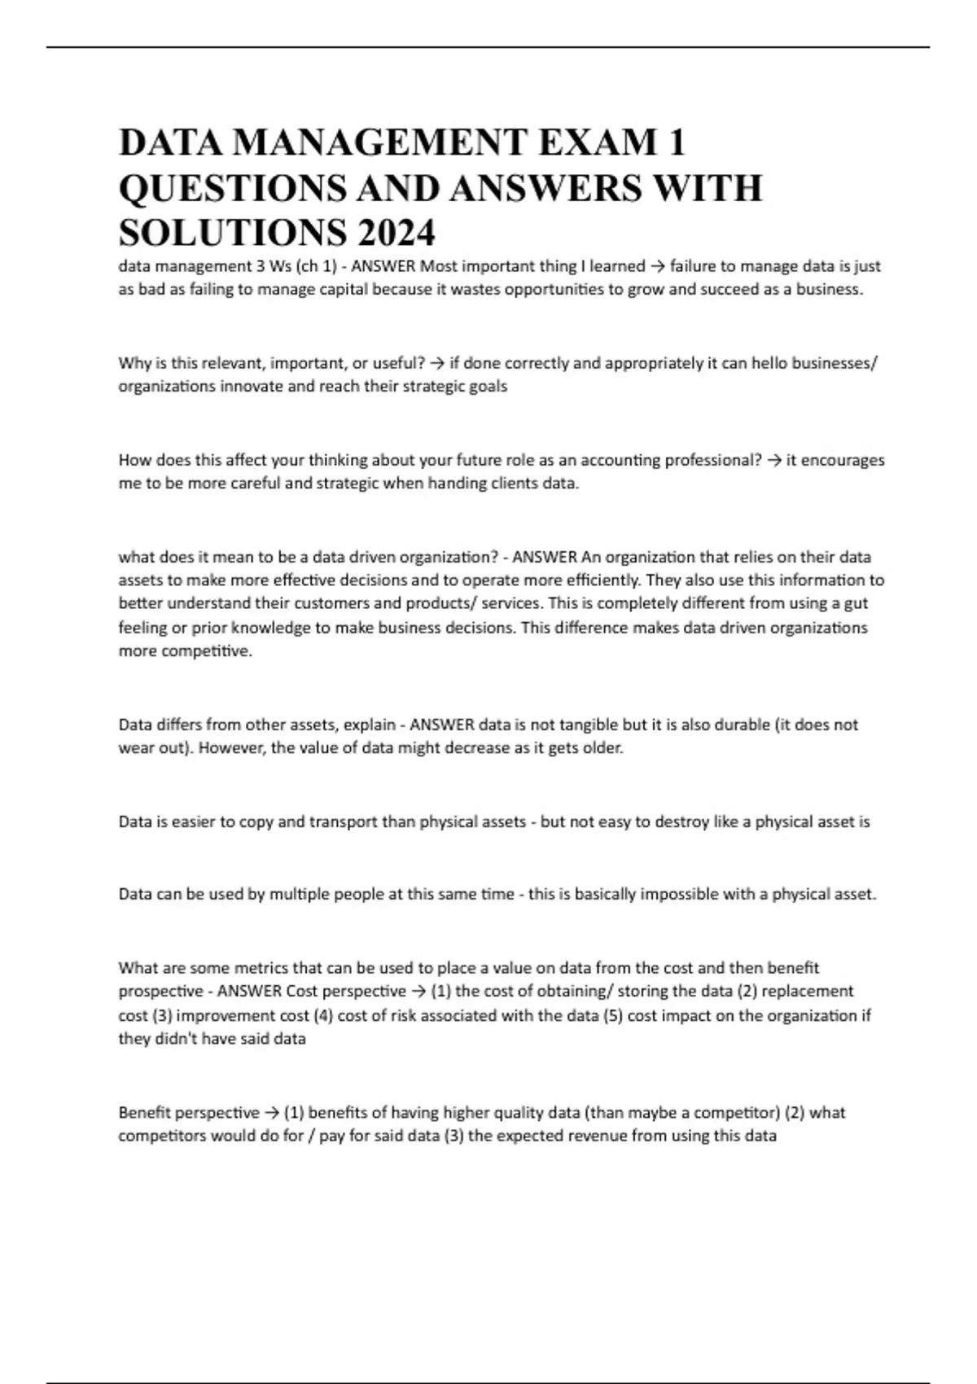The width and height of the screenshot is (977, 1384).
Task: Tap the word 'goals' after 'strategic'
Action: pyautogui.click(x=487, y=386)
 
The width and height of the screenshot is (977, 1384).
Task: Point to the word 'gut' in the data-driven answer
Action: pyautogui.click(x=857, y=603)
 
